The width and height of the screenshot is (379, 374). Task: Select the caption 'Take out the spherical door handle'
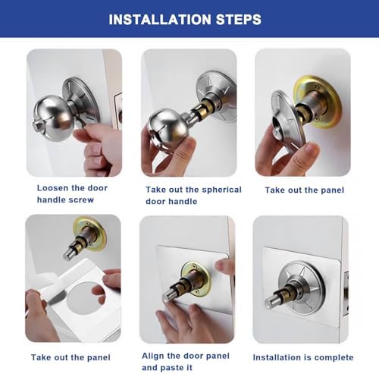click(193, 195)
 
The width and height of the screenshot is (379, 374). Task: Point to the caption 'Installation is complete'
click(303, 357)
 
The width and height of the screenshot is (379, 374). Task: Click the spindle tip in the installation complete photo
click(270, 303)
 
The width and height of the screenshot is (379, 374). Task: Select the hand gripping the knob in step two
click(171, 156)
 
